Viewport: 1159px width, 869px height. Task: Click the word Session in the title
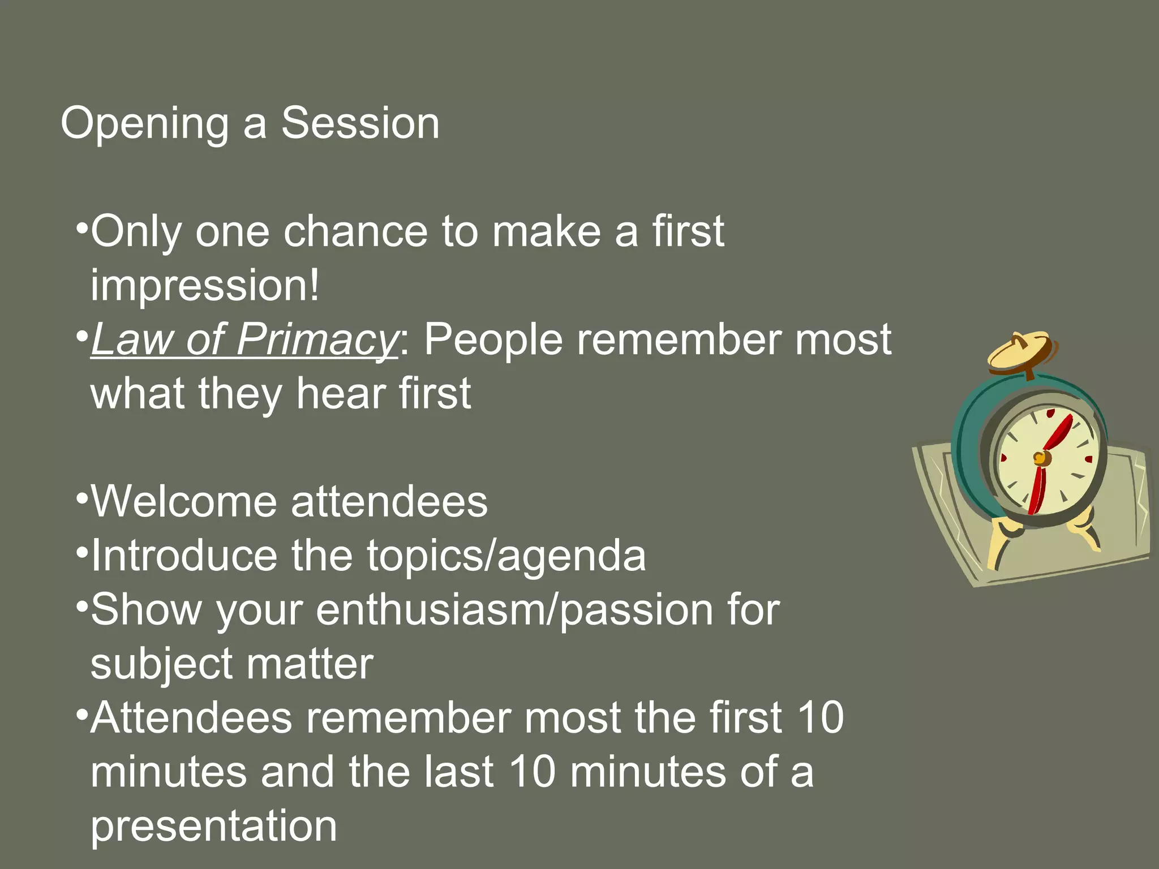pyautogui.click(x=360, y=123)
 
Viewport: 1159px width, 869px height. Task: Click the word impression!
pyautogui.click(x=205, y=286)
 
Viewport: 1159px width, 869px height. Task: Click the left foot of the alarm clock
pyautogui.click(x=1002, y=543)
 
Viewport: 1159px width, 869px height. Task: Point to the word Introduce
pyautogui.click(x=184, y=556)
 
